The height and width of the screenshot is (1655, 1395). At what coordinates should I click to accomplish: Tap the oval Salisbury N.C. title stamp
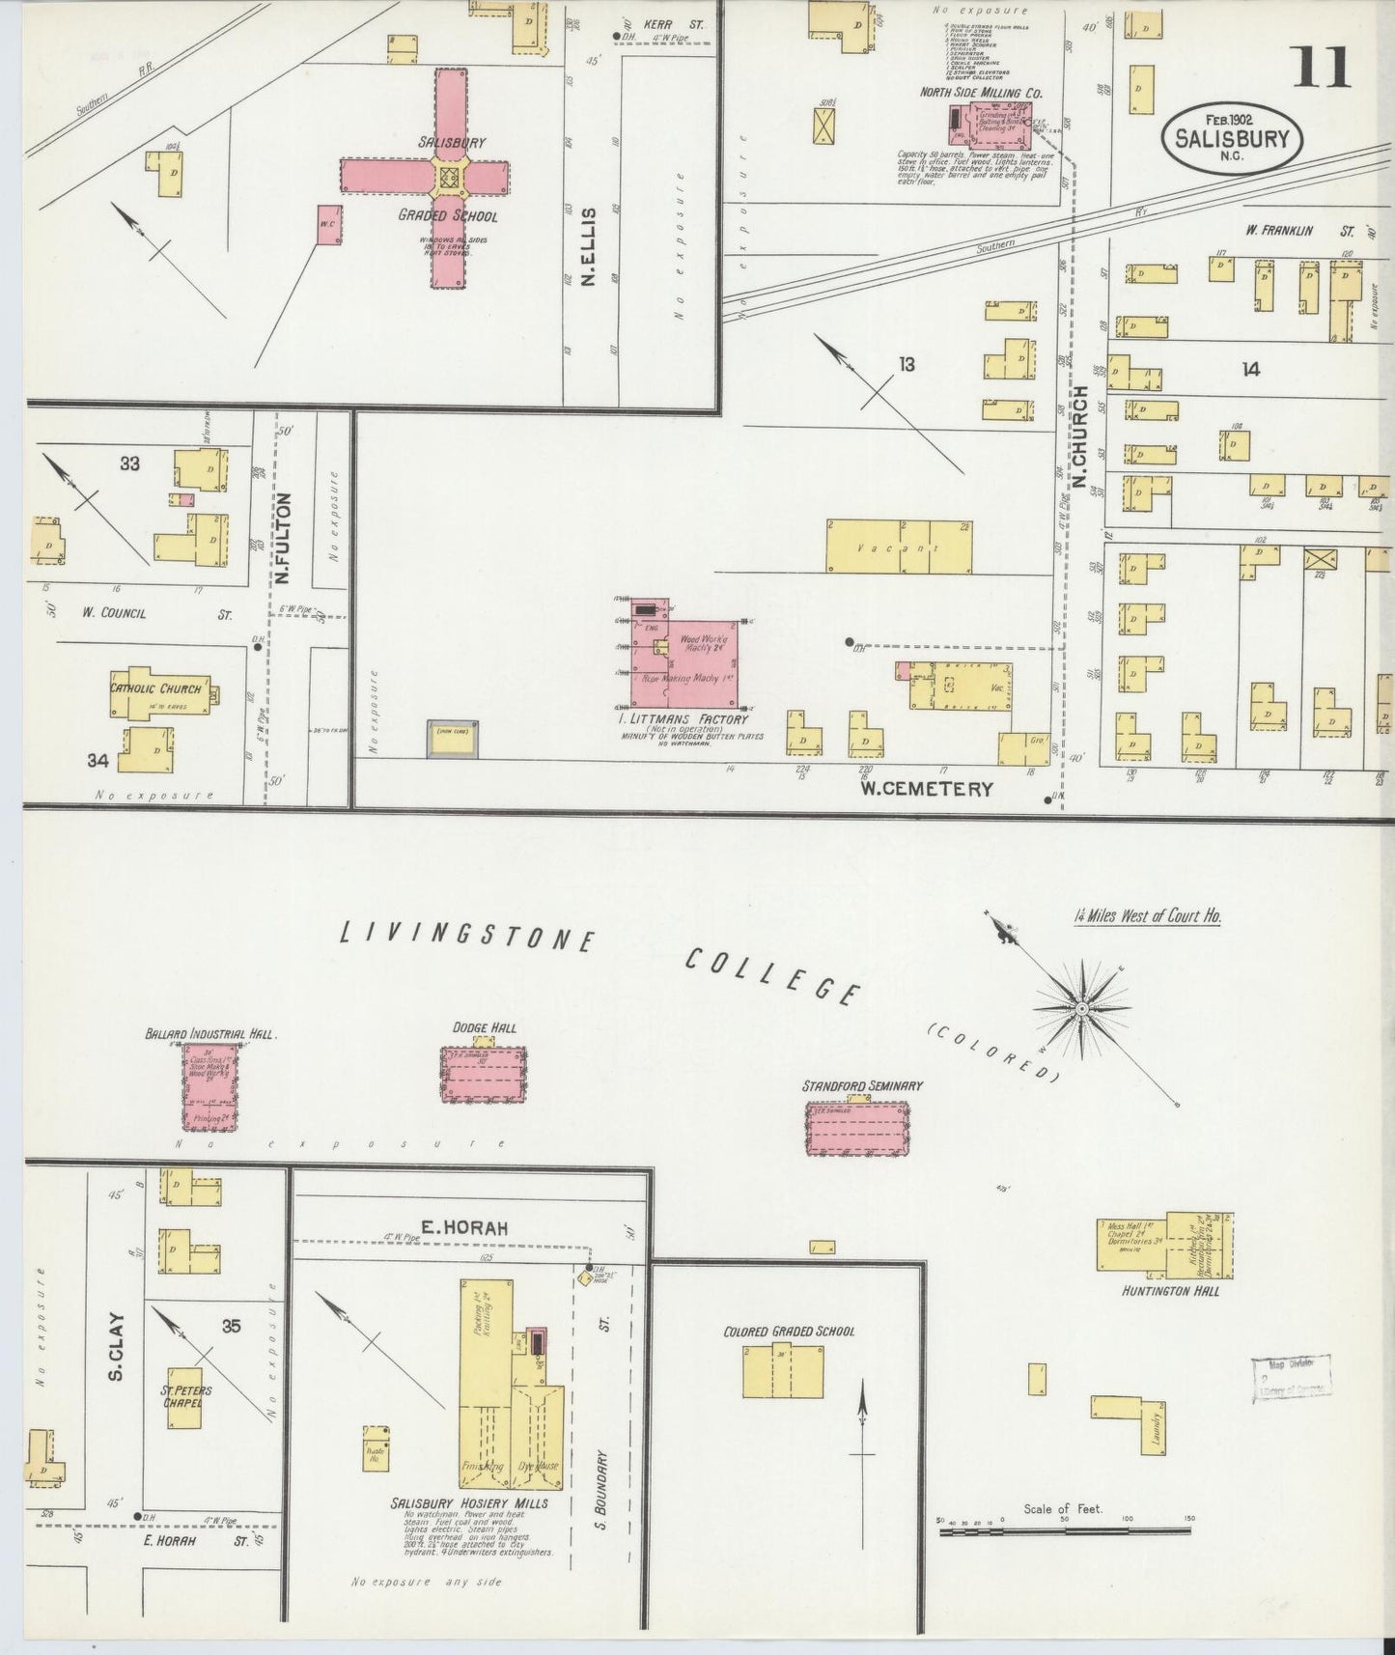pos(1231,137)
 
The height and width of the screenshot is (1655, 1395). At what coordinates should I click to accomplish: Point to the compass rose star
pos(1082,1008)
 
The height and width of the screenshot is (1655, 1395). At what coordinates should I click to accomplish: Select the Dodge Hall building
pos(484,1073)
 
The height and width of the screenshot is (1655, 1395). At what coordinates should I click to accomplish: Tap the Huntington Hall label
pos(1171,1290)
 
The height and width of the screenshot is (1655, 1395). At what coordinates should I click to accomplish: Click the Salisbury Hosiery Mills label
pos(469,1530)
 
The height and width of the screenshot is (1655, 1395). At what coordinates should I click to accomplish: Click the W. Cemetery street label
pos(927,789)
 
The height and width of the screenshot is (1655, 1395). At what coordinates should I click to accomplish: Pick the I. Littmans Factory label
pos(686,719)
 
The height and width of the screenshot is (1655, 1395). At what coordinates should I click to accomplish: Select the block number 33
pos(129,463)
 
